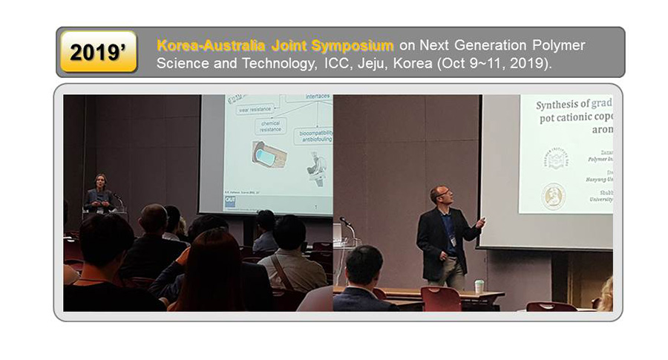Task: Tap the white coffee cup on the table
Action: pos(479,286)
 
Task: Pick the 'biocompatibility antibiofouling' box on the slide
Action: pos(312,136)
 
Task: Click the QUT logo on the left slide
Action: pos(231,201)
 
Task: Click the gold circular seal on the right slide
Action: pos(554,196)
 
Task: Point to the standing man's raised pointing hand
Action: pos(482,221)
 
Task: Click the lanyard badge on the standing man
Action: pos(452,241)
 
